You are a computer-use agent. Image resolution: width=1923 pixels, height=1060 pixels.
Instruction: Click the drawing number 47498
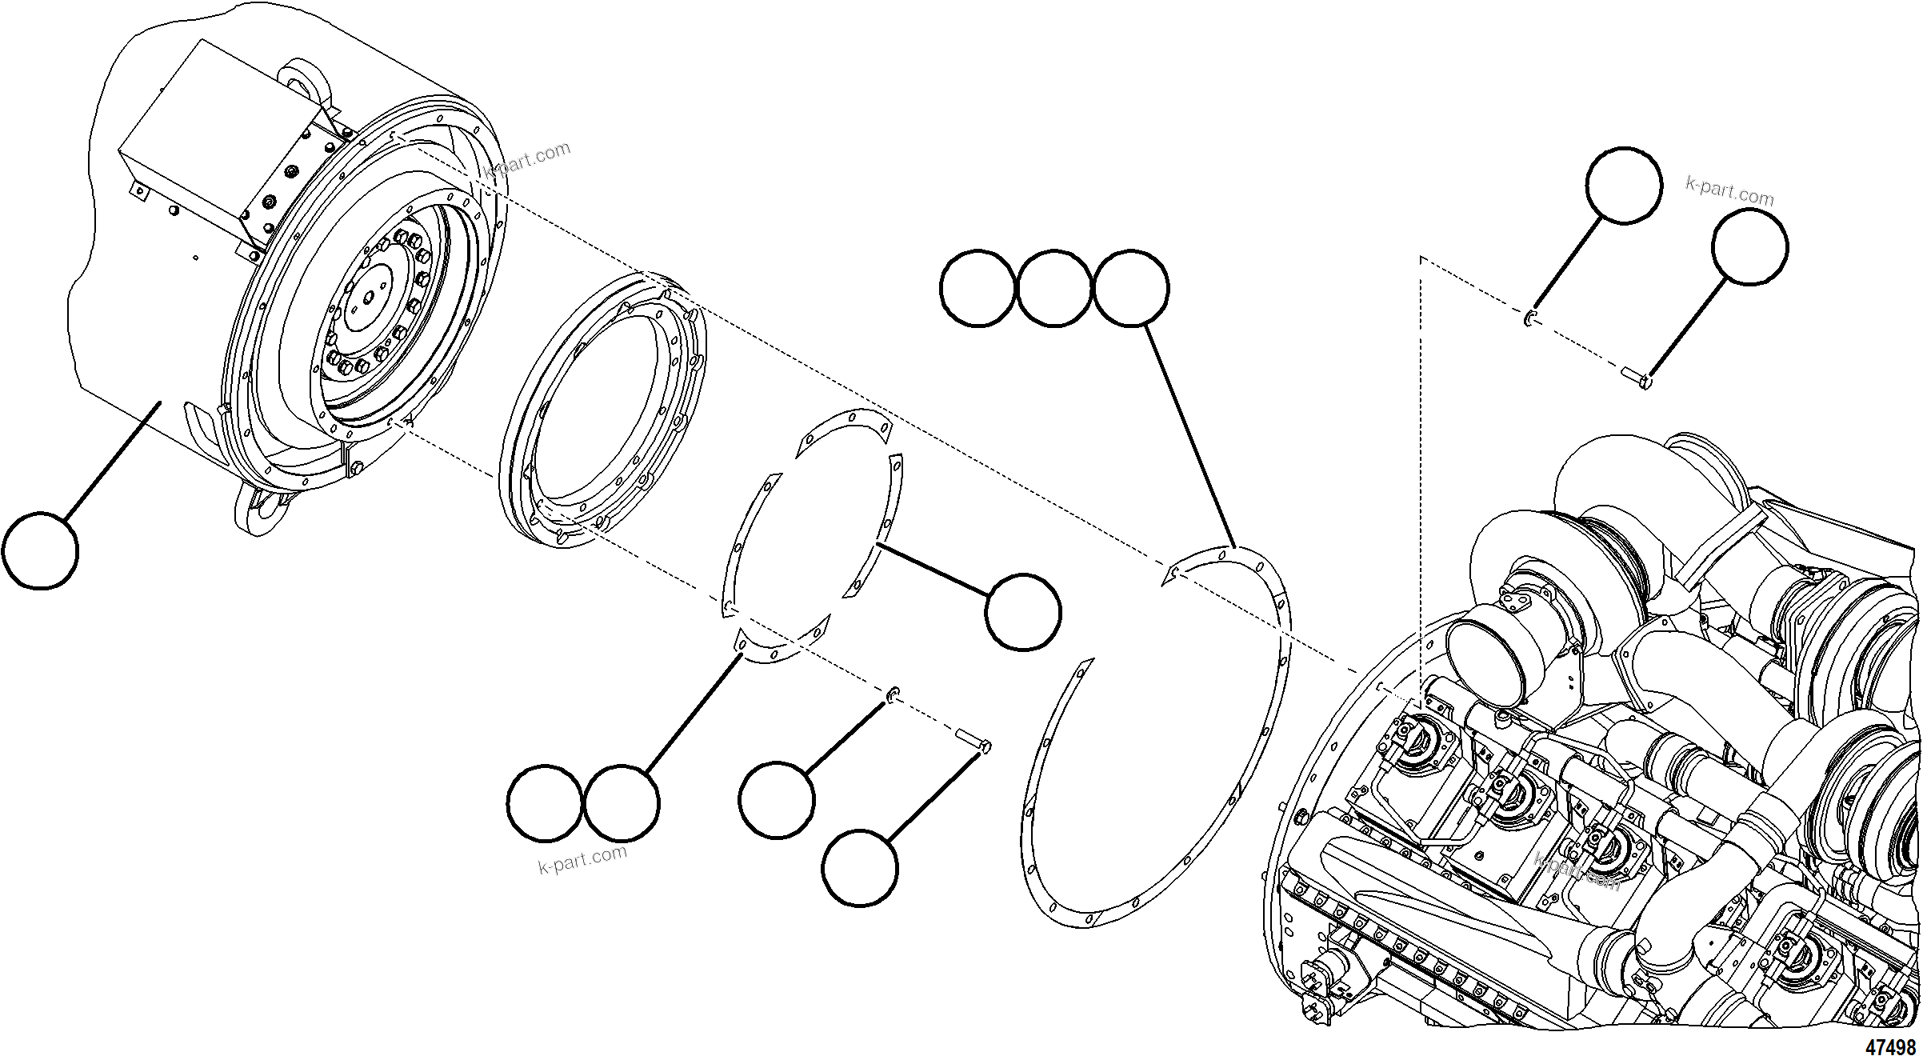point(1891,1047)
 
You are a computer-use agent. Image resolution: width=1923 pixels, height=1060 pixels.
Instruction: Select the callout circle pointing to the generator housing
point(40,551)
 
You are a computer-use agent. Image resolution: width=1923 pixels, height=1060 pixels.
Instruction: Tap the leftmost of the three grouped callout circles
point(977,288)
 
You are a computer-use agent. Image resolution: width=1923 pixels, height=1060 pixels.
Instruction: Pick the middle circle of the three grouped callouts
point(1053,288)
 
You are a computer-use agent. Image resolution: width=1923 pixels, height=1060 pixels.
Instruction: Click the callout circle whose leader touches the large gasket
point(1130,288)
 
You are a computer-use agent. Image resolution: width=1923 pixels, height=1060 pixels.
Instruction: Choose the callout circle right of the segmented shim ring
point(1023,612)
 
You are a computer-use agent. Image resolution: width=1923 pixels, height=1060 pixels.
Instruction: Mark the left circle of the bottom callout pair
point(545,803)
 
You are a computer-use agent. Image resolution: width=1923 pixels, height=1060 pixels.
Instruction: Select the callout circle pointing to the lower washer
point(777,801)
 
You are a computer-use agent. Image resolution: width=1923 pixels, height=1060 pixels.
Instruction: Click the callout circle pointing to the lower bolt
point(860,869)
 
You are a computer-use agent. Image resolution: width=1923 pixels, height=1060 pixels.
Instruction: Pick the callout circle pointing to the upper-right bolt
point(1749,246)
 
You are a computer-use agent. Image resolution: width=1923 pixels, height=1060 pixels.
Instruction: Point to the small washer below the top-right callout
point(1529,318)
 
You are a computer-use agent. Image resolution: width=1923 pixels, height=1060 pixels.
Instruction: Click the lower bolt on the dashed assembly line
point(973,740)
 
